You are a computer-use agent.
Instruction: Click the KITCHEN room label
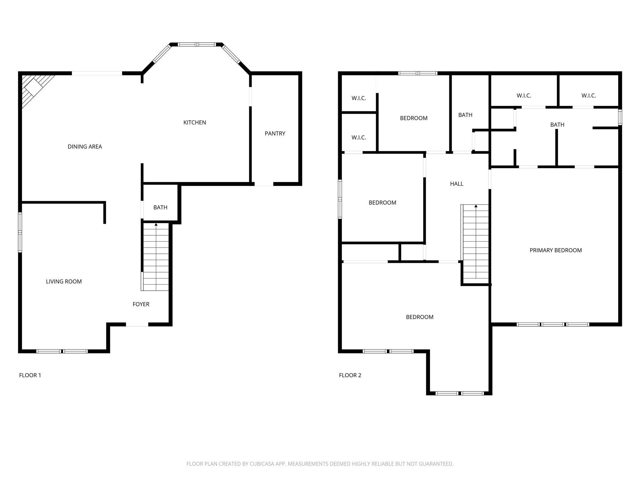194,122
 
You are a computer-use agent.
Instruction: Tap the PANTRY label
275,133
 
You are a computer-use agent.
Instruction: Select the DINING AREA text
85,147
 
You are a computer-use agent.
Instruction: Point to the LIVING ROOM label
64,282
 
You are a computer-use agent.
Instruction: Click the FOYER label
141,304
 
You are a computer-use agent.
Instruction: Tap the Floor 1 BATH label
160,207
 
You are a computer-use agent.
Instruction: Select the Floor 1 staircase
156,258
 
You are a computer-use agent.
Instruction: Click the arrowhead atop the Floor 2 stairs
476,206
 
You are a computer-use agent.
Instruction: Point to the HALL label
457,184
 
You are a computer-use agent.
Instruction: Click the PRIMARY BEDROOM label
556,250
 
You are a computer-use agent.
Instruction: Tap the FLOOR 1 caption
30,375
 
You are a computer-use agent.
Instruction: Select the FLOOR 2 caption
350,375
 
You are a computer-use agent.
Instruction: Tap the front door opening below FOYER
137,325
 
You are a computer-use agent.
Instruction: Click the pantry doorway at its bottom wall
263,184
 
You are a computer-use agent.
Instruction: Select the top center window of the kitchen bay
197,44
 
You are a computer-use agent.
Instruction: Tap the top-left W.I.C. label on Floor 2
358,98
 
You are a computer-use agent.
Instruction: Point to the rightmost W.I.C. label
588,96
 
